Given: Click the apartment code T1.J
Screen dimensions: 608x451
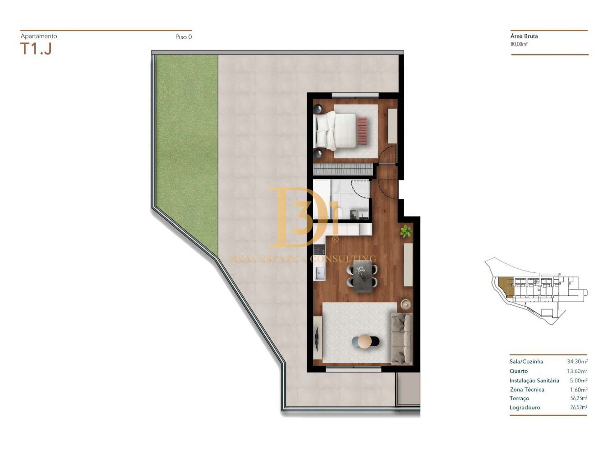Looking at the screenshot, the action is click(36, 49).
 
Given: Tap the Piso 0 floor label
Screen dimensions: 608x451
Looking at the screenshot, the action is click(184, 37).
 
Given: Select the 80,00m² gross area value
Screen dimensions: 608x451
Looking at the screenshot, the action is click(519, 44).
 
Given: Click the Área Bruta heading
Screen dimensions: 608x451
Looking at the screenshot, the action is click(524, 36).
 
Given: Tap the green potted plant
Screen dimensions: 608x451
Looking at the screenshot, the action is click(405, 231).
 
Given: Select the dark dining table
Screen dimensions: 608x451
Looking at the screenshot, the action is click(362, 276).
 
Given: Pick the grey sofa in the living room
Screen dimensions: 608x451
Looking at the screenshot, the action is click(401, 339).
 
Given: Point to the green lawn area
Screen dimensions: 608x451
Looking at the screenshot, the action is click(186, 153).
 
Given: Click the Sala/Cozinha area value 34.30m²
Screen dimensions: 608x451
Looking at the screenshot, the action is click(577, 362).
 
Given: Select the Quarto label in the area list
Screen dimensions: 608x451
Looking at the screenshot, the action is click(518, 371).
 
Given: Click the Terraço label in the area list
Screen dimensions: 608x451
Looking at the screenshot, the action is click(519, 398).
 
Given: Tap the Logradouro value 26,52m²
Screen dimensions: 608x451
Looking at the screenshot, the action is click(578, 407).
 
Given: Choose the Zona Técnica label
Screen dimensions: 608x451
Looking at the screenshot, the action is click(527, 389).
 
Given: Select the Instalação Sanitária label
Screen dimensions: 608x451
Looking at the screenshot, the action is click(534, 381).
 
